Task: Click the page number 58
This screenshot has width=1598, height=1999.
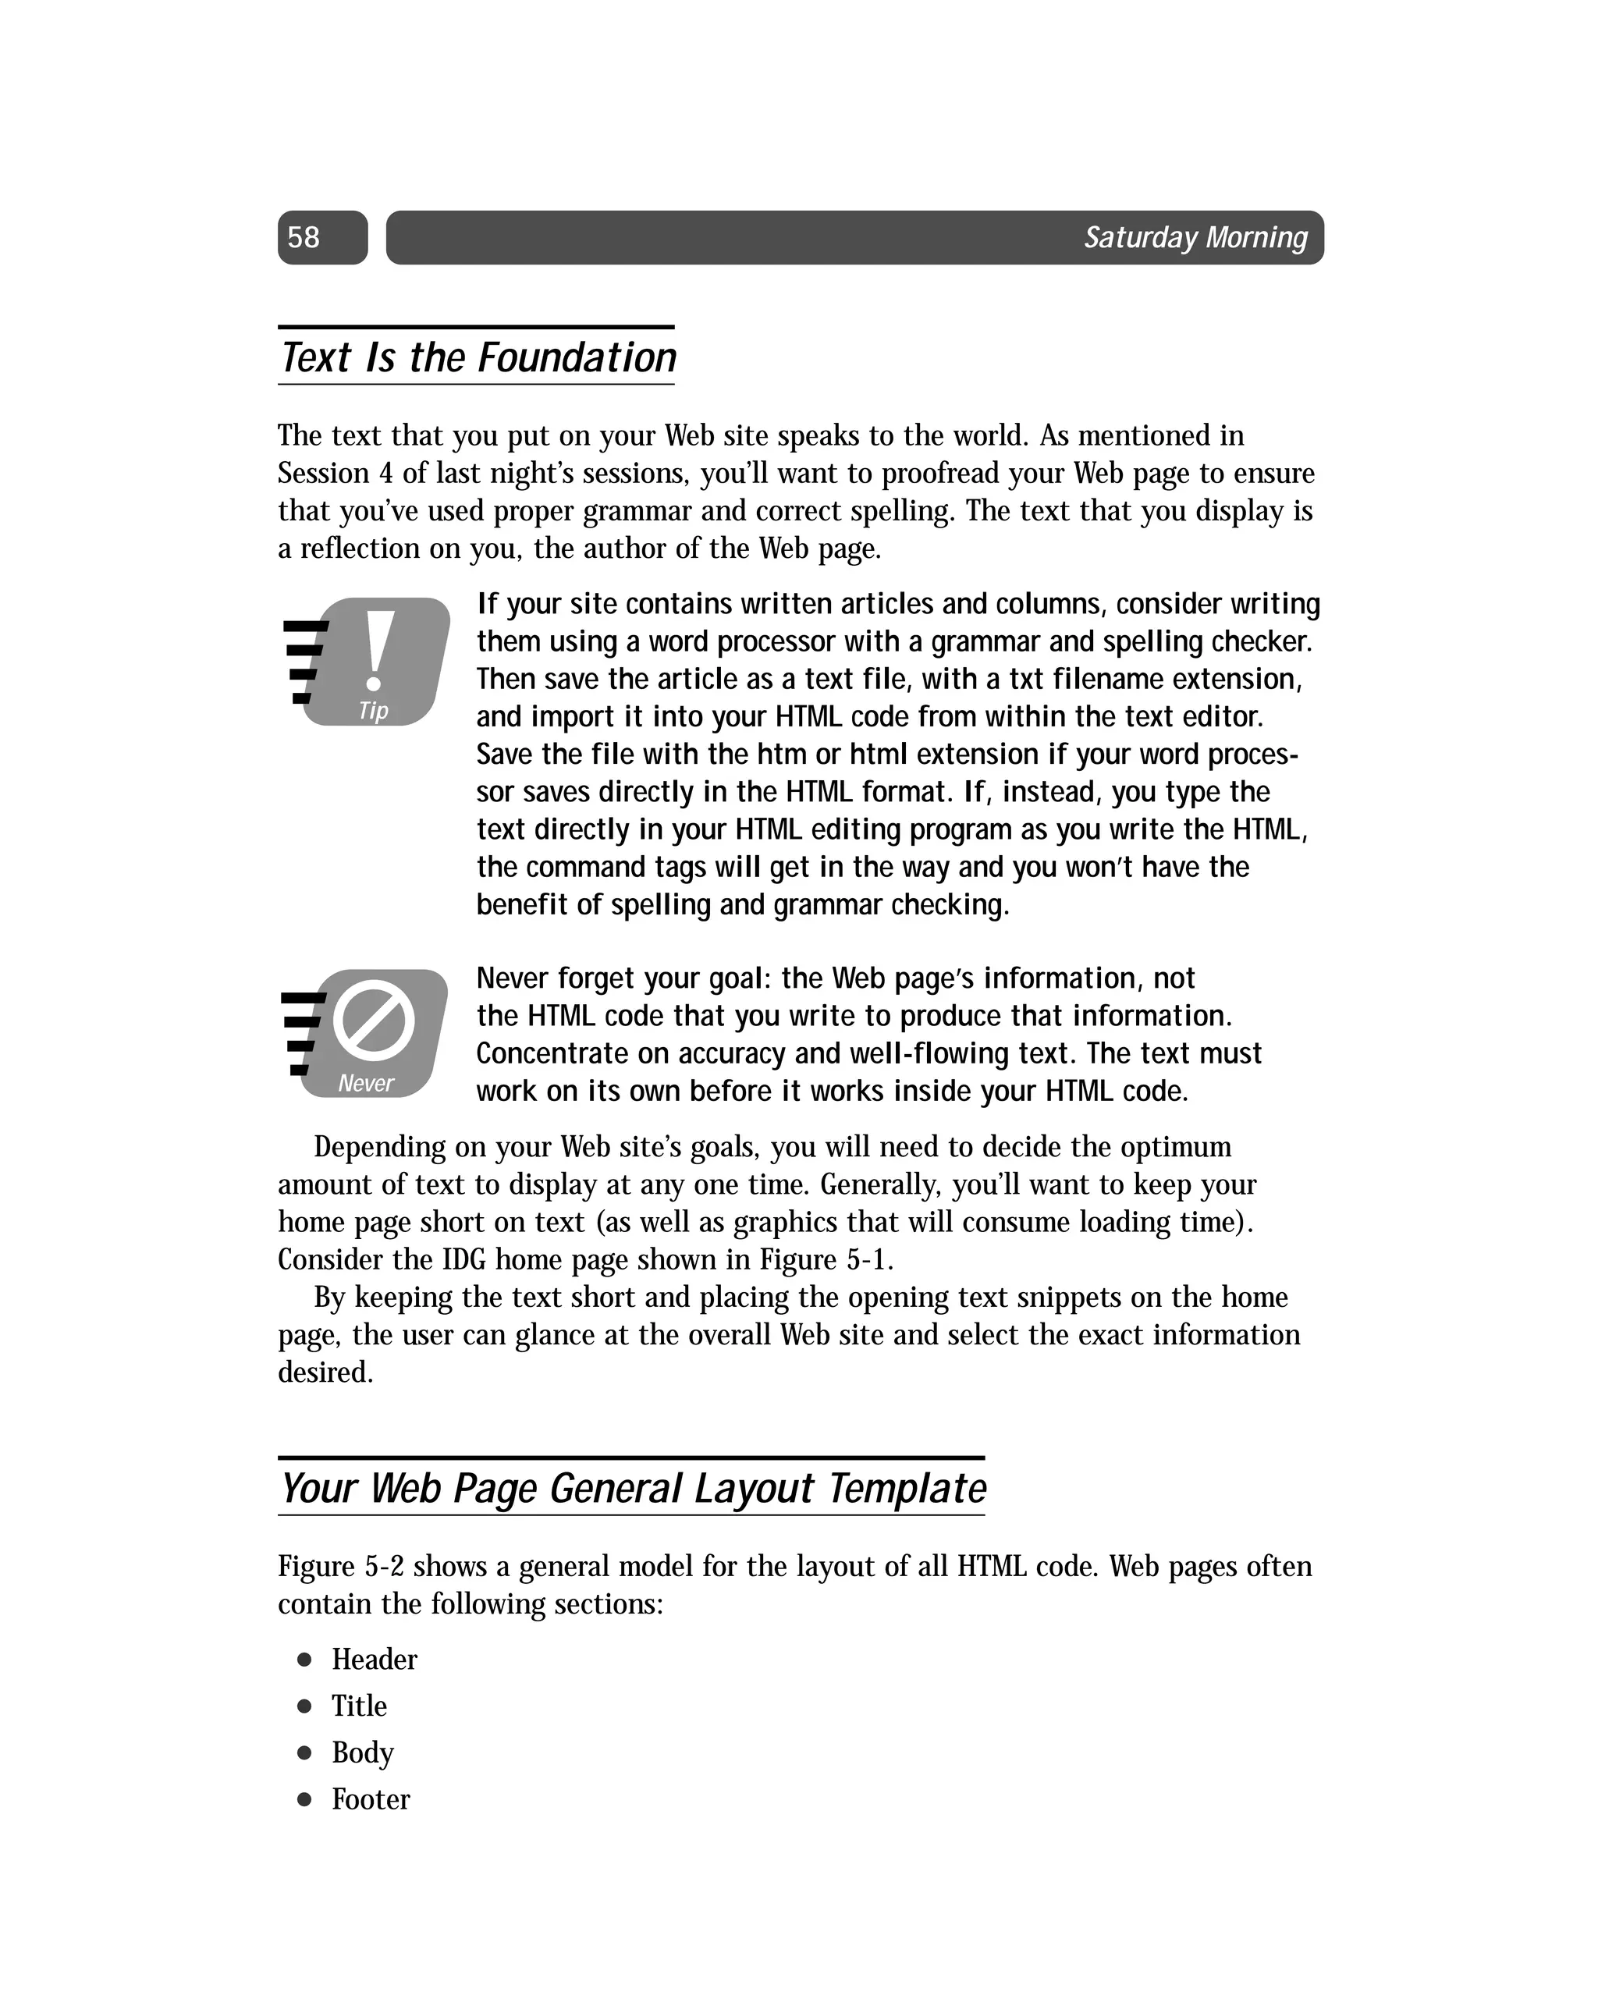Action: coord(304,237)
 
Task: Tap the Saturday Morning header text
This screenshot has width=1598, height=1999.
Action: coord(1195,237)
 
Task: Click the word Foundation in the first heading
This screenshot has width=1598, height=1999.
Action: coord(577,358)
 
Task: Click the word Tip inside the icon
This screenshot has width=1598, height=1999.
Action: coord(373,710)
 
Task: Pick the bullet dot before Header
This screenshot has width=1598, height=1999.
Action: coord(304,1660)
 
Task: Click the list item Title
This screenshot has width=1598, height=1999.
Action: coord(359,1706)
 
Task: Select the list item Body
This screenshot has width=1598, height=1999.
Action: coord(363,1752)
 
